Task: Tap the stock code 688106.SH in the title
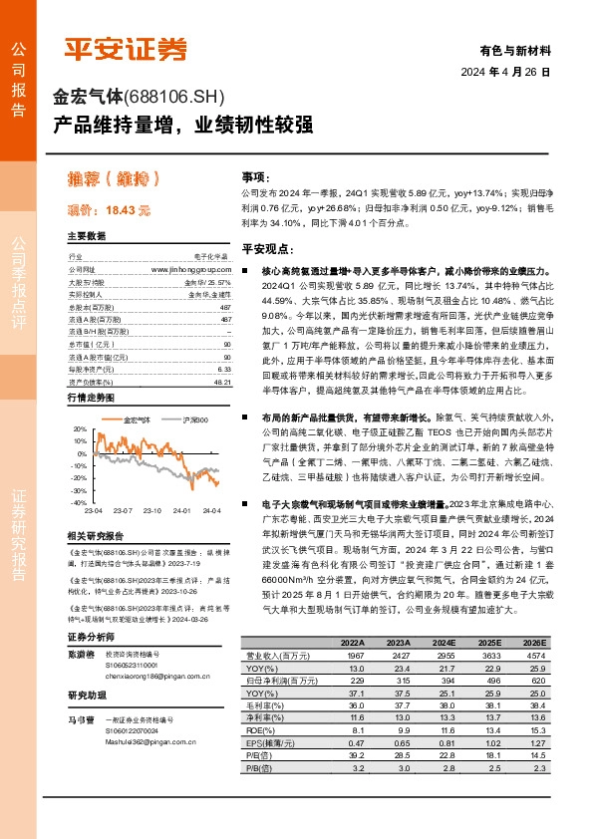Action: (174, 98)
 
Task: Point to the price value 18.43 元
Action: (127, 211)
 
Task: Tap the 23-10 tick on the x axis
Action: (151, 509)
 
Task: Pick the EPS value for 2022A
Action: (352, 741)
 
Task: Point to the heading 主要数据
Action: (86, 236)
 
